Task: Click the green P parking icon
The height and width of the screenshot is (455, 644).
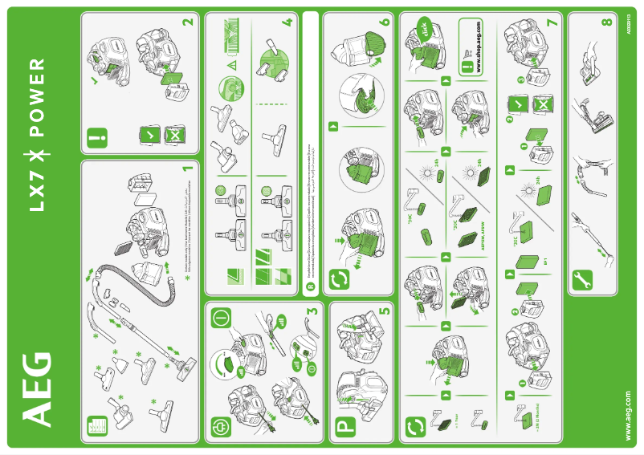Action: coord(343,426)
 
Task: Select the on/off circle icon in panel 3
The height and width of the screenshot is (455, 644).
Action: coord(221,316)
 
